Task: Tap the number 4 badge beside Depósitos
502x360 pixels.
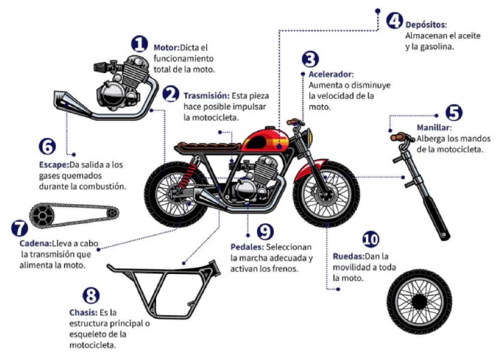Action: click(394, 21)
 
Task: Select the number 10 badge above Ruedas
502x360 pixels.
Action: click(370, 241)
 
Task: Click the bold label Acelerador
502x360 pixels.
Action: click(331, 74)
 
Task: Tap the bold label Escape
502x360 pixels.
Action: click(53, 165)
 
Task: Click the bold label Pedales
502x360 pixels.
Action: click(247, 247)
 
